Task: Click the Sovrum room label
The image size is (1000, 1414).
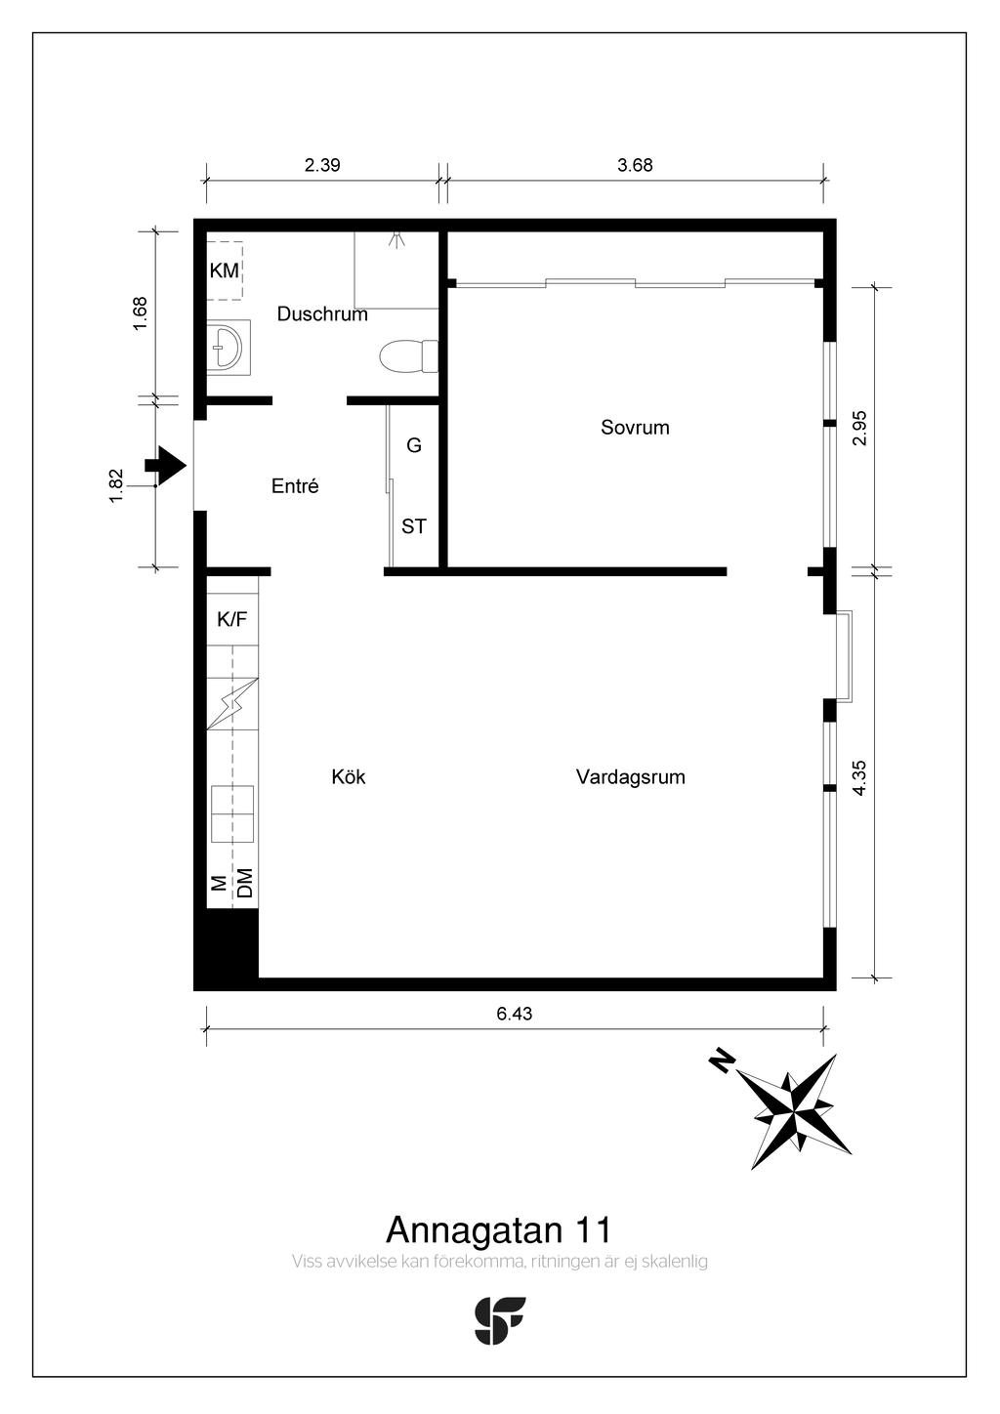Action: coord(635,428)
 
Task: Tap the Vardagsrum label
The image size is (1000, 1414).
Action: coord(630,777)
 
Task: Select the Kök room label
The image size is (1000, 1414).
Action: coord(348,776)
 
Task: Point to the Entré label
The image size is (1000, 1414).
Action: coord(295,485)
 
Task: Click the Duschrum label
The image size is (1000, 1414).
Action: coord(322,313)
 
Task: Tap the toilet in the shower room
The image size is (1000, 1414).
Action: coord(408,356)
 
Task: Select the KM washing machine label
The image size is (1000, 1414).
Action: coord(224,270)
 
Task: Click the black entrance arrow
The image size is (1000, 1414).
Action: coord(165,466)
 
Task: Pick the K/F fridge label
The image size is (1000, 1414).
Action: coord(231,619)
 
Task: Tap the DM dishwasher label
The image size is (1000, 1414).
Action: coord(244,883)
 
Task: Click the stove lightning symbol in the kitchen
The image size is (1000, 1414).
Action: coord(232,704)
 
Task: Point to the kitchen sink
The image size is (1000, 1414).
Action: coord(232,813)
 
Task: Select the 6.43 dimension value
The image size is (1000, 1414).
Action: coord(515,1014)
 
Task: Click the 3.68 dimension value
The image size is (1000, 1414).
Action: coord(635,165)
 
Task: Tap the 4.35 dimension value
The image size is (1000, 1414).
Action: coord(859,778)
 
